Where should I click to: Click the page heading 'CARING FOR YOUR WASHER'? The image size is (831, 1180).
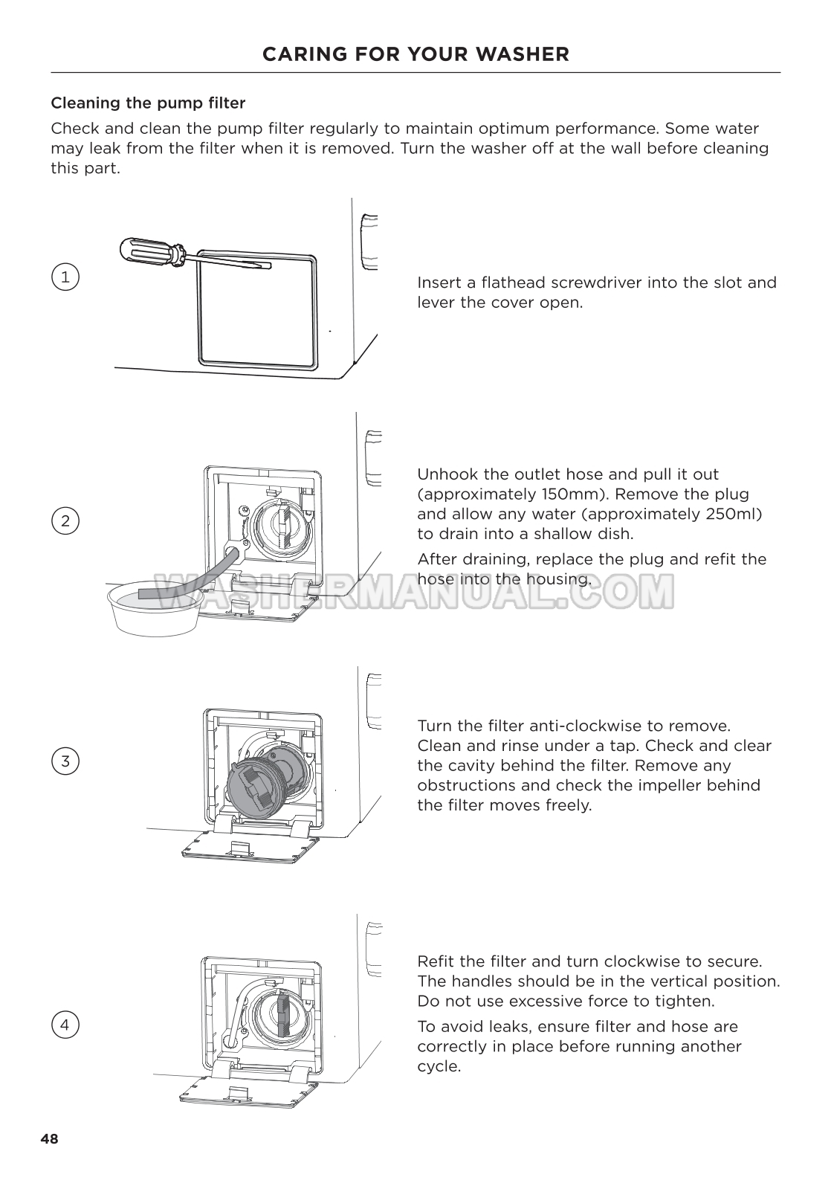click(x=415, y=54)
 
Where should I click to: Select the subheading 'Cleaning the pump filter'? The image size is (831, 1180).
click(x=148, y=103)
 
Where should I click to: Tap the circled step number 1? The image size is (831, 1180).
click(x=65, y=277)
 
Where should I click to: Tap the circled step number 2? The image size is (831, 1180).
click(x=65, y=520)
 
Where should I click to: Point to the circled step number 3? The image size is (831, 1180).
click(x=65, y=761)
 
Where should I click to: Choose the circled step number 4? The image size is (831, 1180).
click(x=65, y=1025)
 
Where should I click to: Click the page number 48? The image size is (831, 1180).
click(x=49, y=1138)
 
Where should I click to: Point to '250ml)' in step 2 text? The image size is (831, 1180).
click(x=736, y=514)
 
